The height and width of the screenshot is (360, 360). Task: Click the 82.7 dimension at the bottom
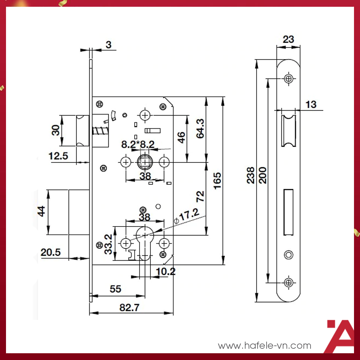(129, 307)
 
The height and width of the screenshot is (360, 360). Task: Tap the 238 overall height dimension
(250, 175)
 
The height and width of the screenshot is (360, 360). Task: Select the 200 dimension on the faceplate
(262, 175)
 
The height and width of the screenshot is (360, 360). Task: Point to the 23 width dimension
(288, 39)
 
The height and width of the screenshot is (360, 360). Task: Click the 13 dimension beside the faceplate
(311, 105)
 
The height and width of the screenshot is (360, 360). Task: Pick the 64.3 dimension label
(200, 129)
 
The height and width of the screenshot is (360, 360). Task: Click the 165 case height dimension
(217, 181)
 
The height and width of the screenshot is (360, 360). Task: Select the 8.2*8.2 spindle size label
(138, 144)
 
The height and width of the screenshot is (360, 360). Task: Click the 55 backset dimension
(115, 289)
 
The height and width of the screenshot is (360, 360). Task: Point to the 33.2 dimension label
(108, 244)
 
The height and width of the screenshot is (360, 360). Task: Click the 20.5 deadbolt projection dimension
(51, 252)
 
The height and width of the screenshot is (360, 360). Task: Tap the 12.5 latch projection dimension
(58, 156)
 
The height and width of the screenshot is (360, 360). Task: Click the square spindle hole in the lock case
(145, 162)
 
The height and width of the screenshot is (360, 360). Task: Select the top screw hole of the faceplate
(289, 79)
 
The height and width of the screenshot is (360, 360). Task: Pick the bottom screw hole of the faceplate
(289, 282)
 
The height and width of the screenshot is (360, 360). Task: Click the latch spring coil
(100, 131)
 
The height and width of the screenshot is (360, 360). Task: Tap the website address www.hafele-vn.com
(264, 345)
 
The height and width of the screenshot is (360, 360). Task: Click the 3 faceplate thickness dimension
(109, 45)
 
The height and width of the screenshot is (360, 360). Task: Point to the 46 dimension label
(181, 137)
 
